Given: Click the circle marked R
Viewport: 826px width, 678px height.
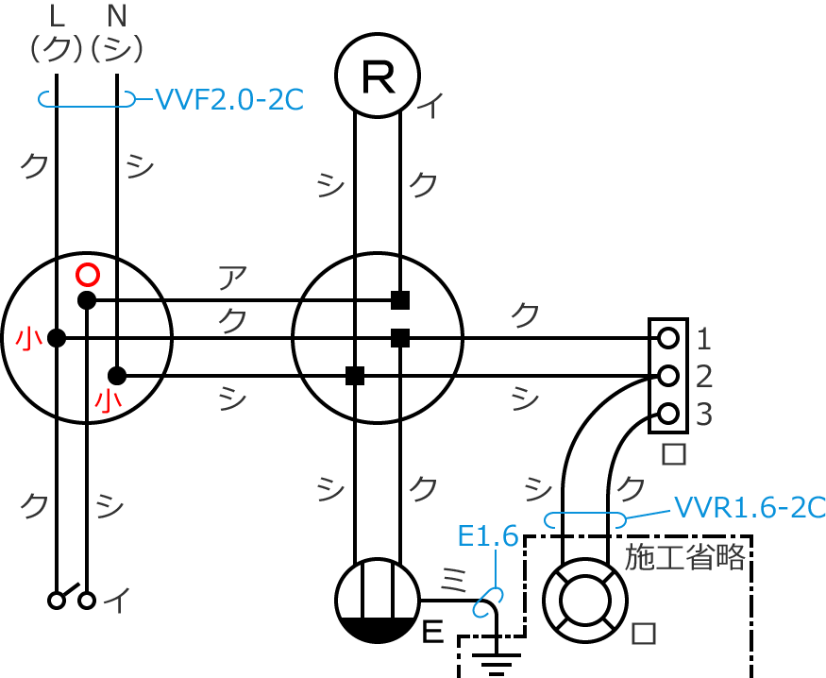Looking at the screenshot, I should point(378,76).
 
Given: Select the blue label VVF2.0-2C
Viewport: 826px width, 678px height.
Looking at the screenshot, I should point(228,98).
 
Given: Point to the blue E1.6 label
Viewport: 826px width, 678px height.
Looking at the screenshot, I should point(487,536).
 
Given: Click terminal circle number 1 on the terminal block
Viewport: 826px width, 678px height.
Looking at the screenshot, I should point(668,337).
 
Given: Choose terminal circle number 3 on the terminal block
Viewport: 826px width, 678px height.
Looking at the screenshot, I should point(668,414).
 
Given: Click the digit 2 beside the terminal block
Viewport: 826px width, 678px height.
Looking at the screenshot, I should point(702,376).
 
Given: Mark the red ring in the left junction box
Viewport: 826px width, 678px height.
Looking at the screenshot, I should point(87,274).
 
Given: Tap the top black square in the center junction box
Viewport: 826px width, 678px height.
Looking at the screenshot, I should point(400,300).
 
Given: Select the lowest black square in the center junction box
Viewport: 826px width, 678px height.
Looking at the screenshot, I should point(355,376).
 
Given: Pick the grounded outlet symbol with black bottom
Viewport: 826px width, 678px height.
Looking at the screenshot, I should point(378,601).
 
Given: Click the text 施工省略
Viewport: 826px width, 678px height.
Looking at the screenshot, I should point(686,557).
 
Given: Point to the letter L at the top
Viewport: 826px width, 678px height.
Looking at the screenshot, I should point(56,15).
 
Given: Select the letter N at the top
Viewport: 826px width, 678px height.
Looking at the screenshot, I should point(117,15).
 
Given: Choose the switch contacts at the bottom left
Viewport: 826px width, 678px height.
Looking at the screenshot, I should point(72,599).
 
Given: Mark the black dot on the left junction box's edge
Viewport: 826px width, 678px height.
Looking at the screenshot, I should point(57,338).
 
